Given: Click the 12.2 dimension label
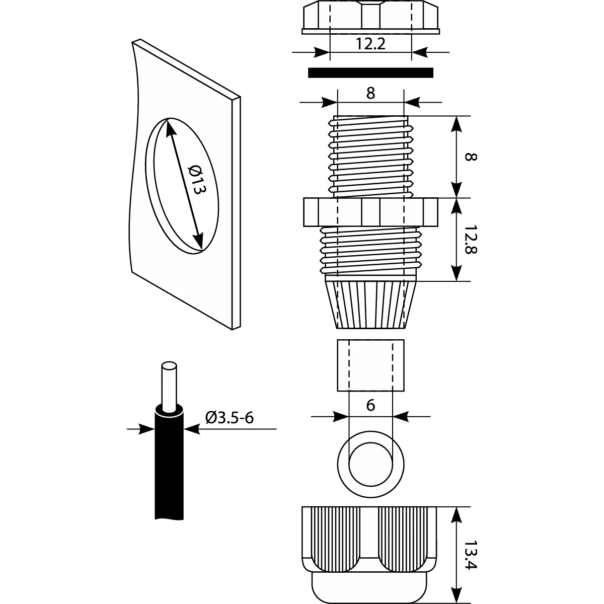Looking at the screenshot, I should click(x=370, y=44).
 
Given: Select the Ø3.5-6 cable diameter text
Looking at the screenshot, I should click(x=229, y=417).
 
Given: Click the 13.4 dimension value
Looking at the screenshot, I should click(x=470, y=555).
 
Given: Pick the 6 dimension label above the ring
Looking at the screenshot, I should click(x=371, y=406).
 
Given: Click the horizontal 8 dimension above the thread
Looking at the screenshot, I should click(x=371, y=94).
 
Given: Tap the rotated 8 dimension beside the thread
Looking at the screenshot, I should click(x=469, y=157).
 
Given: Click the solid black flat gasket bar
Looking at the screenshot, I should click(x=370, y=73).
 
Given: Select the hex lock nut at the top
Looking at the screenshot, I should click(x=370, y=18).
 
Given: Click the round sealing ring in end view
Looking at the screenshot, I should click(x=370, y=459).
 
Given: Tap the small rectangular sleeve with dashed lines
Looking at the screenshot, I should click(x=370, y=365).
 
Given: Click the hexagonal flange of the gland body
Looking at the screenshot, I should click(x=370, y=212).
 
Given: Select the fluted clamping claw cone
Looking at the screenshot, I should click(x=370, y=305).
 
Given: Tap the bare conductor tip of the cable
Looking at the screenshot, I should click(x=169, y=385).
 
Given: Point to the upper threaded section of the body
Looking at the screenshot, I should click(x=370, y=156).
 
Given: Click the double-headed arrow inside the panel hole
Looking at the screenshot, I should click(x=184, y=184).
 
